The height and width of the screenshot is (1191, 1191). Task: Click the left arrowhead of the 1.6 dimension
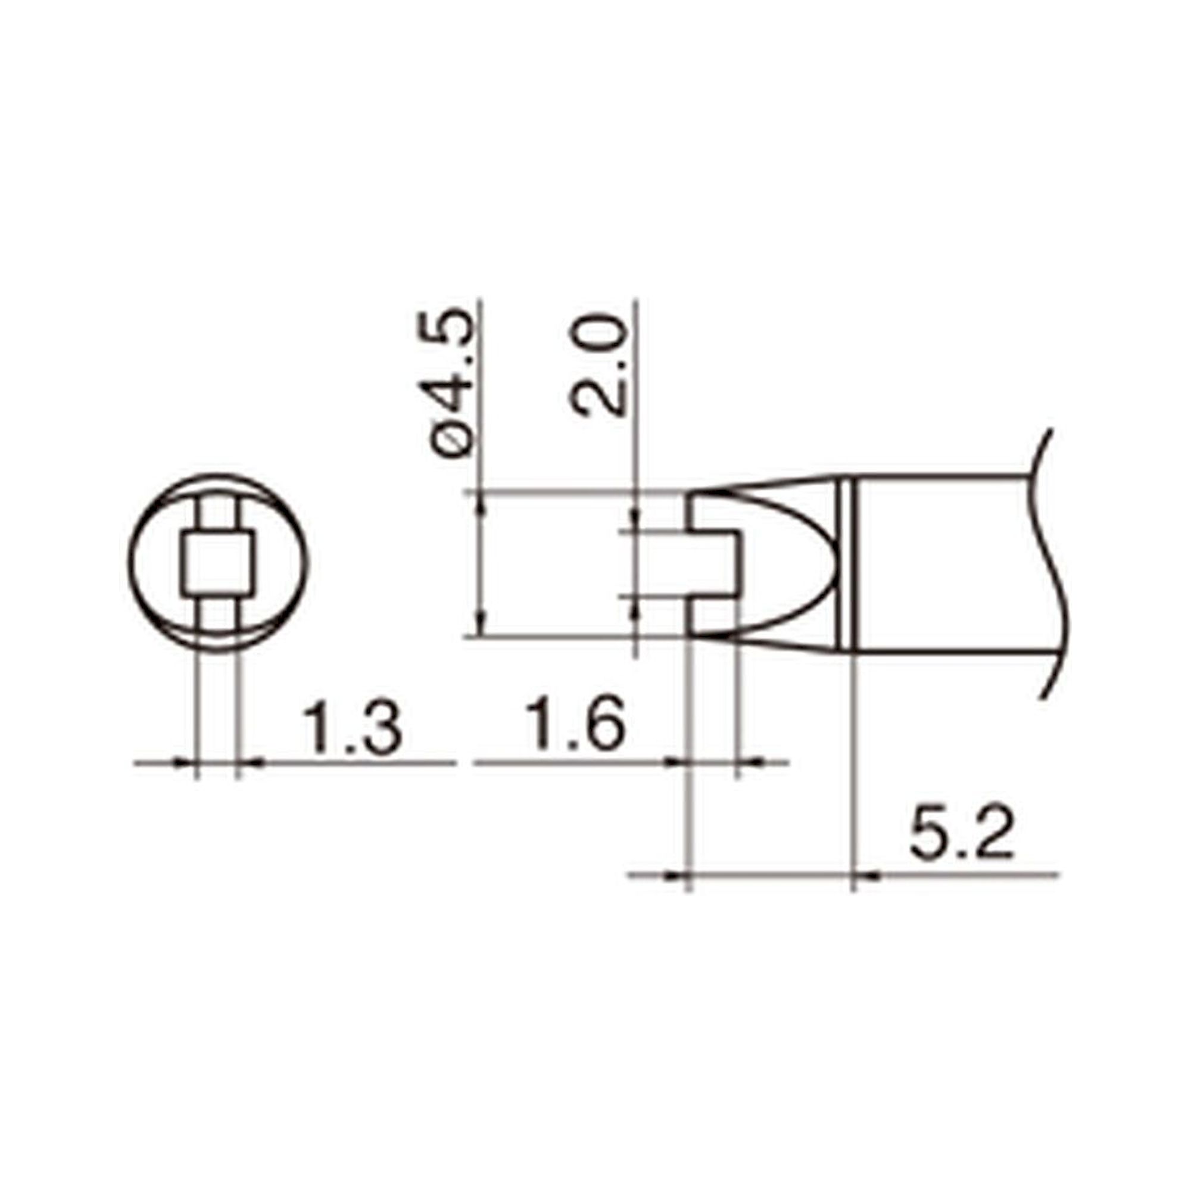point(677,763)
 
